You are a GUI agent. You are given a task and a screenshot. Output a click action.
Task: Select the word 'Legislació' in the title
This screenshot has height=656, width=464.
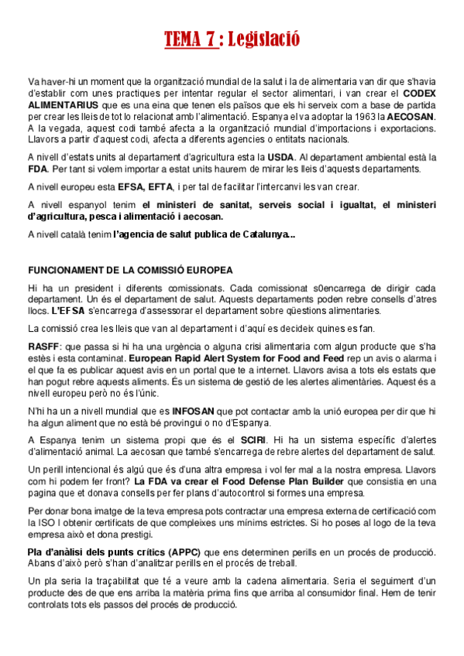pos(263,39)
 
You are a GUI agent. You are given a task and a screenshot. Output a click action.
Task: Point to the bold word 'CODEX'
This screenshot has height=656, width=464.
pos(418,93)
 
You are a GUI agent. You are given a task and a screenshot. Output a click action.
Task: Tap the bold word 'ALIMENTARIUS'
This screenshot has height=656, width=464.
pos(63,104)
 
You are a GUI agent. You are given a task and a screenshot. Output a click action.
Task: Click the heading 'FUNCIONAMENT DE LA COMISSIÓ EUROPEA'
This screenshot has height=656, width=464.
pos(130,270)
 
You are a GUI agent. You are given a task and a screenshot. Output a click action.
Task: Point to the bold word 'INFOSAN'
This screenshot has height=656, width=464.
pos(194,410)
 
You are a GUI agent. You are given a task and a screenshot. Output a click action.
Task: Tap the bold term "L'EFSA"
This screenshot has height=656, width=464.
pos(67,310)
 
